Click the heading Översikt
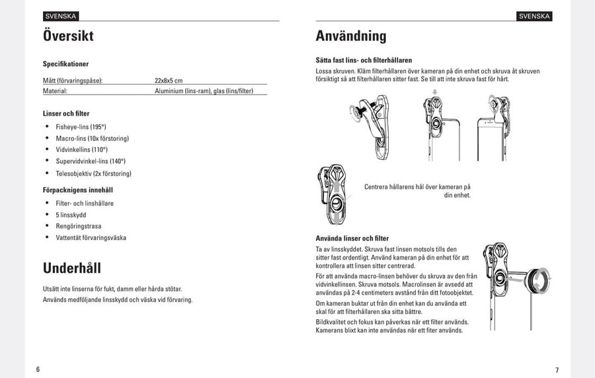click(68, 36)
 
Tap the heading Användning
click(351, 36)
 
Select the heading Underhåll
click(72, 268)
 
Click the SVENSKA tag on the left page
click(61, 16)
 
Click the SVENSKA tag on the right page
click(534, 16)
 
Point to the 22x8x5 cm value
click(169, 81)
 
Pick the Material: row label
click(56, 91)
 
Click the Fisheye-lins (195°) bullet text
click(81, 126)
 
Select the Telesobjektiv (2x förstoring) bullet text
click(93, 174)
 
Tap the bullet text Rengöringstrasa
click(79, 226)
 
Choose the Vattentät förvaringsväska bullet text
click(91, 238)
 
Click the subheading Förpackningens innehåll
click(78, 190)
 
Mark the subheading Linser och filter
click(66, 114)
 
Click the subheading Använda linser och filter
click(352, 238)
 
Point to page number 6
click(38, 369)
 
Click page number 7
click(557, 369)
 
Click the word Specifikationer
click(65, 64)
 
